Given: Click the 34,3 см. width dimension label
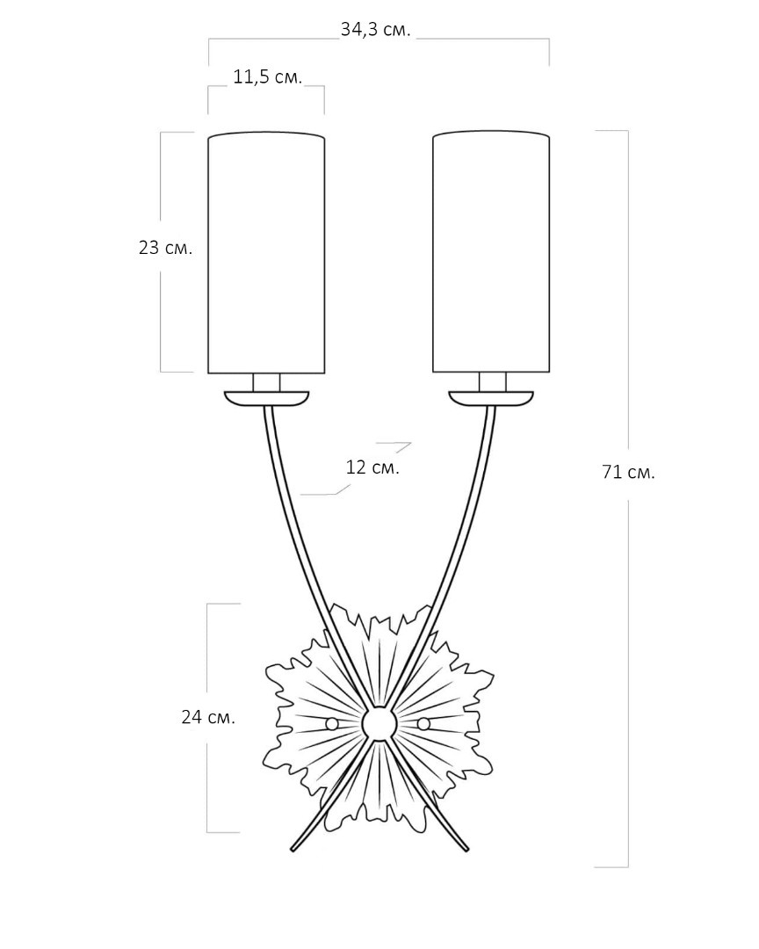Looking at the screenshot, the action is [x=375, y=30].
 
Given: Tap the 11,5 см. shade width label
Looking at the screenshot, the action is [x=268, y=77].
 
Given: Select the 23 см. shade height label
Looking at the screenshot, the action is [x=165, y=248].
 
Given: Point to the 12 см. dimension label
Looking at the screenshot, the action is [x=372, y=467].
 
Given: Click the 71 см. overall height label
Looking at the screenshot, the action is [x=628, y=472].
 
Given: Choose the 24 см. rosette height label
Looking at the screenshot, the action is [x=207, y=718].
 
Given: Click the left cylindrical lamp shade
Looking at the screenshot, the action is [x=266, y=252].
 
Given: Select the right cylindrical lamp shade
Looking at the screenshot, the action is [x=491, y=252].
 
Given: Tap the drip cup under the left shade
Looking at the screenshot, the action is [x=266, y=398].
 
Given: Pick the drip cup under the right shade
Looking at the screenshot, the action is [x=491, y=398].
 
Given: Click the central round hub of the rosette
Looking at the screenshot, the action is [x=379, y=723].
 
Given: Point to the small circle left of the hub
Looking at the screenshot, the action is [x=331, y=724].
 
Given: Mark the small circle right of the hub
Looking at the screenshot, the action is [x=423, y=723].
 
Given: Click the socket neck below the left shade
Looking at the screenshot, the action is [x=266, y=382].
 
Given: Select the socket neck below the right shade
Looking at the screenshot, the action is [x=492, y=382].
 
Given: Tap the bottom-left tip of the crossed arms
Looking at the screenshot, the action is [x=293, y=851].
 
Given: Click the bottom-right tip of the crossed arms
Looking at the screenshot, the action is [x=466, y=851].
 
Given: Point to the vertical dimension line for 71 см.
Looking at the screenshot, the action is [x=627, y=499].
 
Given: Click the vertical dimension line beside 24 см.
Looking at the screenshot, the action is [x=207, y=718].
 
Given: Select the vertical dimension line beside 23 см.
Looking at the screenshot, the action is [x=161, y=252].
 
